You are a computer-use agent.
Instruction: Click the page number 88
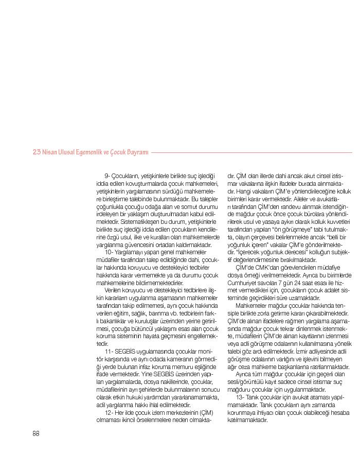coord(36,433)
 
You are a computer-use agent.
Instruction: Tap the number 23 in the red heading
coord(37,152)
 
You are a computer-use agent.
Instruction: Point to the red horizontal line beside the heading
coord(252,152)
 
